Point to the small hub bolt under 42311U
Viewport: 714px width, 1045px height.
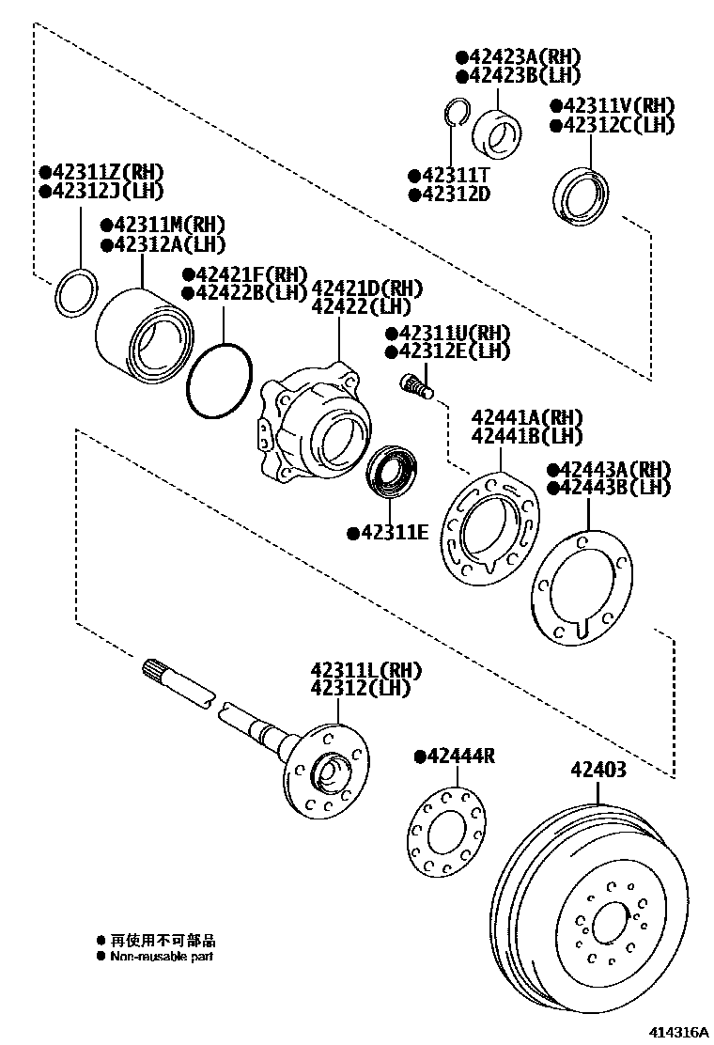415,383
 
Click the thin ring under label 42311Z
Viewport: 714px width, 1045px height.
75,292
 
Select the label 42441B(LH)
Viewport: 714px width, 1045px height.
527,436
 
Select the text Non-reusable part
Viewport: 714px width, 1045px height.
162,957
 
